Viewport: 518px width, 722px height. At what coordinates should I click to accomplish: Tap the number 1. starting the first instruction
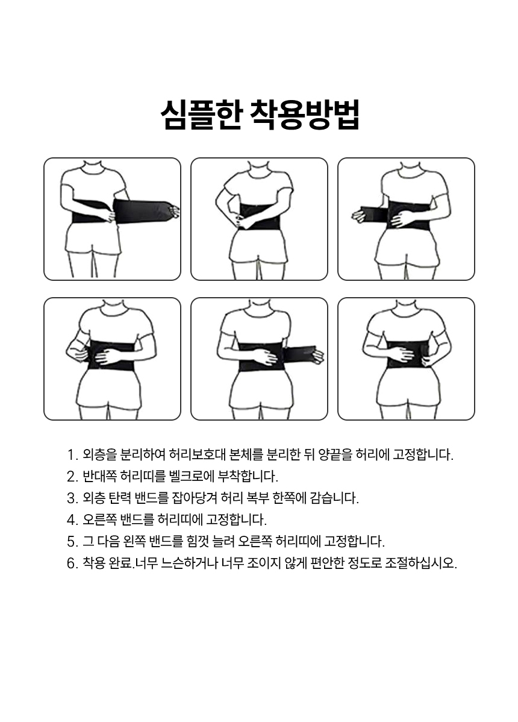tap(72, 455)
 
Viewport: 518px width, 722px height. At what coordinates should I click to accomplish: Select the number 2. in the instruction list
tap(73, 477)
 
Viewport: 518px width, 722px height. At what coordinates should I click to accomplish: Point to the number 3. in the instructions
tap(73, 498)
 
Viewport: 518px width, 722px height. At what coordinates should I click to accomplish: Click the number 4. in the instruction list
tap(73, 520)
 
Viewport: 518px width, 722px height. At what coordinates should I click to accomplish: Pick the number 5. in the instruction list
tap(73, 541)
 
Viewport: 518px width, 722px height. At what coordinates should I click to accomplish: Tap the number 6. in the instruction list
tap(73, 563)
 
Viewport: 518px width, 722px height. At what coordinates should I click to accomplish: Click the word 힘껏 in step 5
tap(198, 541)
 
